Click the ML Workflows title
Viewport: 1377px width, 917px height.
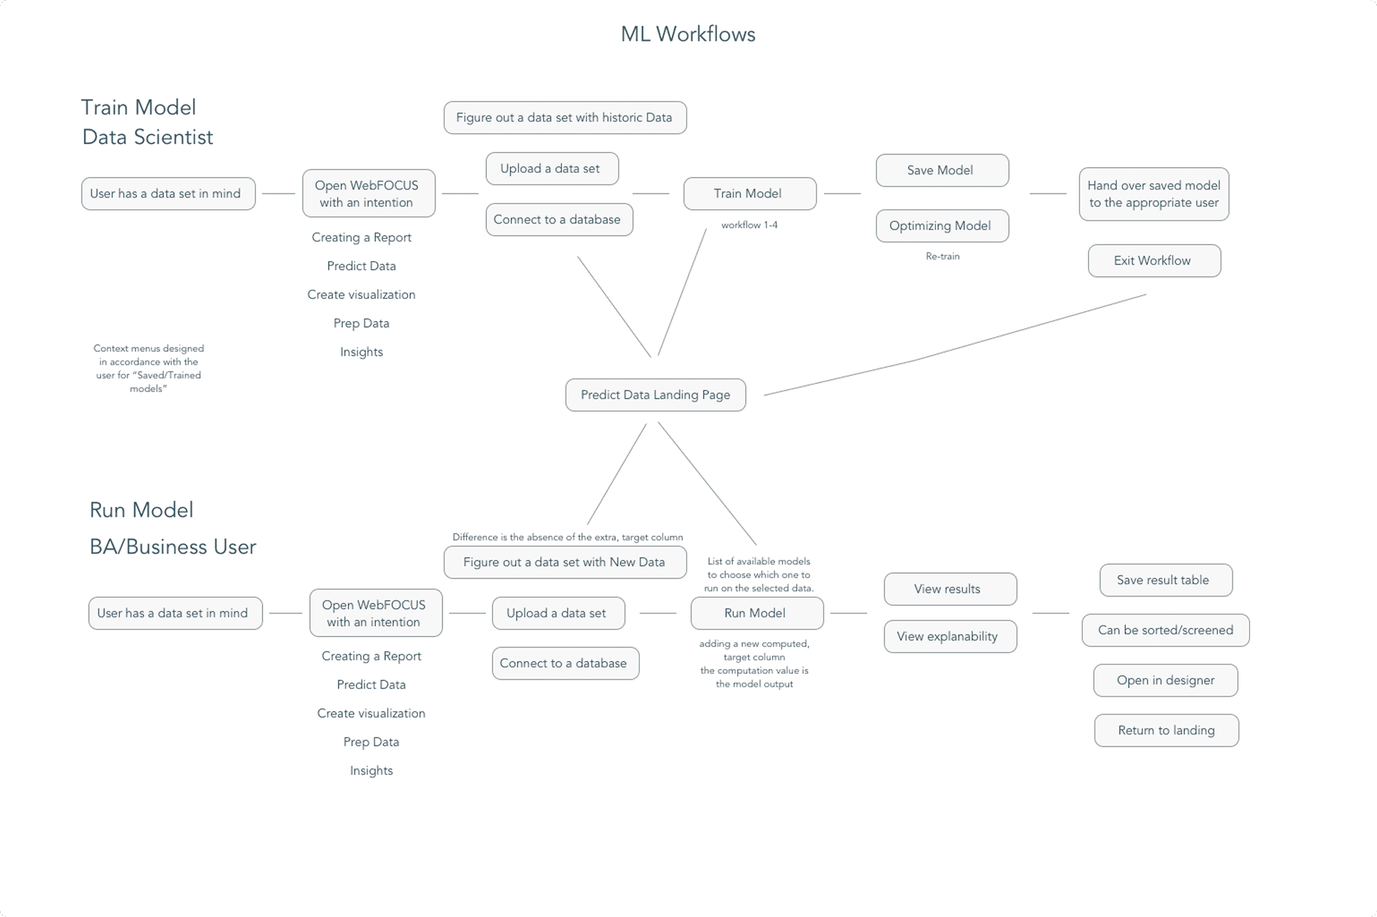click(688, 34)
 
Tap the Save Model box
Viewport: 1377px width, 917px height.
click(942, 170)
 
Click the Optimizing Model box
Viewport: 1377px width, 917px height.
click(942, 226)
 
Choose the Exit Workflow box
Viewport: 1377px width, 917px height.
click(1153, 261)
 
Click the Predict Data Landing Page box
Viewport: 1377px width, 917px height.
click(655, 395)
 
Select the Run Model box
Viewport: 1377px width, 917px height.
click(756, 613)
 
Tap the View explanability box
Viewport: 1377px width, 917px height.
click(950, 637)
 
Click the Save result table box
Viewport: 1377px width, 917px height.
click(1165, 580)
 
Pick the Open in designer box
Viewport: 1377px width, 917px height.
click(1165, 680)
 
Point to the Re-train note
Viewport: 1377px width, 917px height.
click(942, 256)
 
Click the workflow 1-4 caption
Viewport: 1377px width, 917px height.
click(749, 225)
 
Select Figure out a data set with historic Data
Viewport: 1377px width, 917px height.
click(564, 118)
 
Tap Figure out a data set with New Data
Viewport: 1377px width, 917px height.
click(564, 562)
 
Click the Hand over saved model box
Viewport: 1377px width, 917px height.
click(1153, 194)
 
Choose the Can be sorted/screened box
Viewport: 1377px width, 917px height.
click(1165, 630)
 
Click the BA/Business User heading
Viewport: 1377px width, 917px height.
click(173, 547)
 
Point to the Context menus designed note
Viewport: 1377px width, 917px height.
click(148, 369)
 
